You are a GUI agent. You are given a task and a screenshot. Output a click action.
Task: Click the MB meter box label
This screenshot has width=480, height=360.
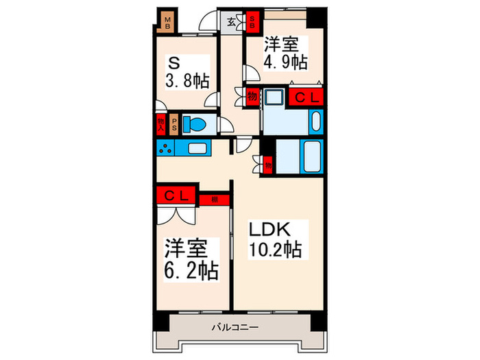tap(166, 22)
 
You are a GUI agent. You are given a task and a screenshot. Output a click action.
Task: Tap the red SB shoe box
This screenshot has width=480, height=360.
tap(252, 22)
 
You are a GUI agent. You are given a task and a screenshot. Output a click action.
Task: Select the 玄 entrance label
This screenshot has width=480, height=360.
tap(232, 23)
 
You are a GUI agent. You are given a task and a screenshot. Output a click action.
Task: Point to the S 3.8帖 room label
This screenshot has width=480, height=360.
tap(186, 73)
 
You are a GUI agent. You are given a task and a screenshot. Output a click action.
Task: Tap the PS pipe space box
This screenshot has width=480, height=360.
tap(174, 125)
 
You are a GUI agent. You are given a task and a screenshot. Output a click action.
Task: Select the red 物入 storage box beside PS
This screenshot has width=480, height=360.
tap(161, 125)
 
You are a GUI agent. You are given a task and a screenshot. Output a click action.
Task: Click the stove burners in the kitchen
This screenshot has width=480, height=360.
tap(165, 147)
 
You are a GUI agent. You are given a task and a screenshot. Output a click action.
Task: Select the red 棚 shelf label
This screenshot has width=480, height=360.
tap(215, 200)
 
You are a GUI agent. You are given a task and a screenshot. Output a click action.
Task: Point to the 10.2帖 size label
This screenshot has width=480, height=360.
tap(273, 250)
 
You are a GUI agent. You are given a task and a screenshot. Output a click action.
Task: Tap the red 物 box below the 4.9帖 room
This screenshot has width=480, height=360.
tap(252, 97)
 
